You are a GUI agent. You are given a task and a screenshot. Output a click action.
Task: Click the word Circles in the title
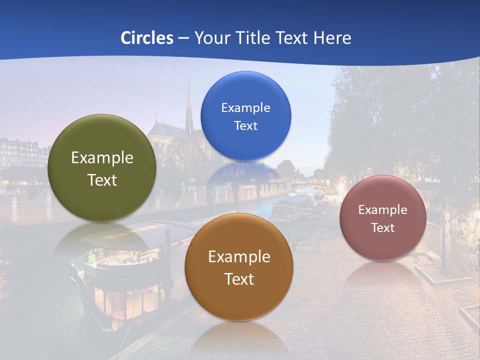tap(146, 38)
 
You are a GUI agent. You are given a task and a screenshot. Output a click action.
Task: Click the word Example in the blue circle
tap(245, 108)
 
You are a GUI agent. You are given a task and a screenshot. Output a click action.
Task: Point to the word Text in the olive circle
tap(102, 180)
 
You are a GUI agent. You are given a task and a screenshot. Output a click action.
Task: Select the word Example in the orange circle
tap(239, 257)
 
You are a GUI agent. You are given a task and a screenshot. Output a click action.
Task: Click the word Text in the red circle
tap(383, 228)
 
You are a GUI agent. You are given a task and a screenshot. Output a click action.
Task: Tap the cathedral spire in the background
tap(189, 105)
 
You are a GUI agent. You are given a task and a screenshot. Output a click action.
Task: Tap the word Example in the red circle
tap(383, 210)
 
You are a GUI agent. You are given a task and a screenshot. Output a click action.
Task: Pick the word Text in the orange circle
tap(239, 279)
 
